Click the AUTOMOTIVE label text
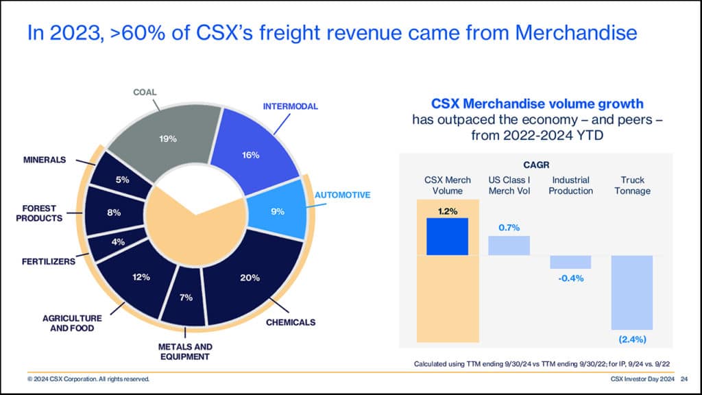[342, 195]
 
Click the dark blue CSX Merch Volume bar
[447, 237]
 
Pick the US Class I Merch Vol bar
[509, 246]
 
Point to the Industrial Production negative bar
[570, 262]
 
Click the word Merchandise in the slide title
[568, 32]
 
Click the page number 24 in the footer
[685, 379]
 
